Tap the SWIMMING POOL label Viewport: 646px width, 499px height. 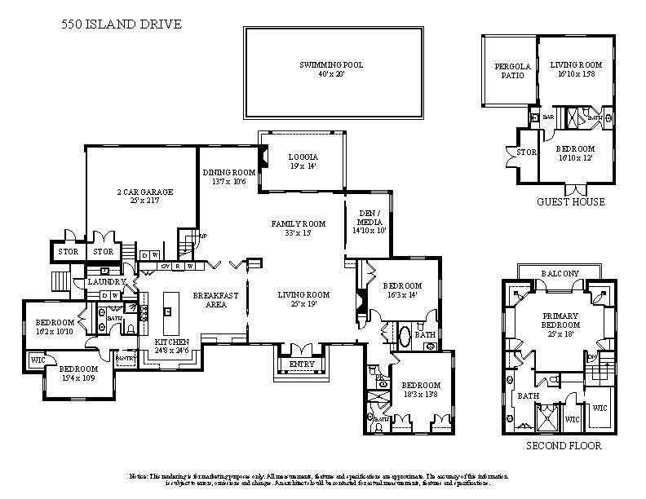click(331, 65)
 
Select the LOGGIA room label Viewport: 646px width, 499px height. click(302, 157)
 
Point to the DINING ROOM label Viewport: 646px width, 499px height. click(229, 172)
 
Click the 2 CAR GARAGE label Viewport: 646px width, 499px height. click(142, 193)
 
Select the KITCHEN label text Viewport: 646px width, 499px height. click(172, 342)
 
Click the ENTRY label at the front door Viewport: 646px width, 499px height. click(299, 364)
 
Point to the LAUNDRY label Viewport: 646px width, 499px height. click(106, 281)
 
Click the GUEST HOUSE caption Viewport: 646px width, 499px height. click(570, 201)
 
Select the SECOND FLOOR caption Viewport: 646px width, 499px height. click(563, 446)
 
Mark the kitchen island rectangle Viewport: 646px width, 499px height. click(170, 303)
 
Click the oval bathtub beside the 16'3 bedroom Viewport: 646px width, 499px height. click(403, 334)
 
